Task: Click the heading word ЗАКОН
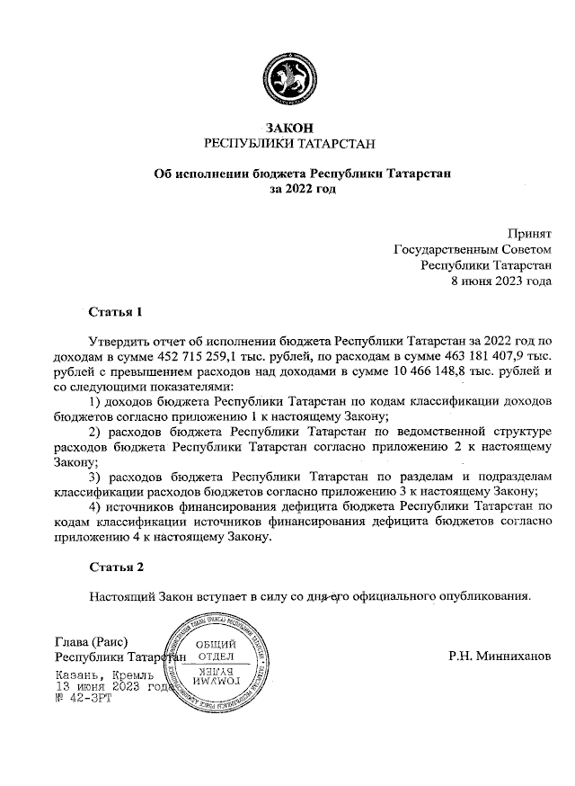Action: click(x=287, y=129)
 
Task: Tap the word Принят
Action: click(x=529, y=233)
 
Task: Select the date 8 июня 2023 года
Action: click(x=500, y=281)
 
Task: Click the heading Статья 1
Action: click(x=116, y=313)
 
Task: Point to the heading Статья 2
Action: click(x=116, y=567)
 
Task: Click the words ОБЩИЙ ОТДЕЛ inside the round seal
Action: click(x=215, y=649)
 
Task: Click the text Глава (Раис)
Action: click(x=92, y=641)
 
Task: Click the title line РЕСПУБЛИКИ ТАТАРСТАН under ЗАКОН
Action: click(x=287, y=144)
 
